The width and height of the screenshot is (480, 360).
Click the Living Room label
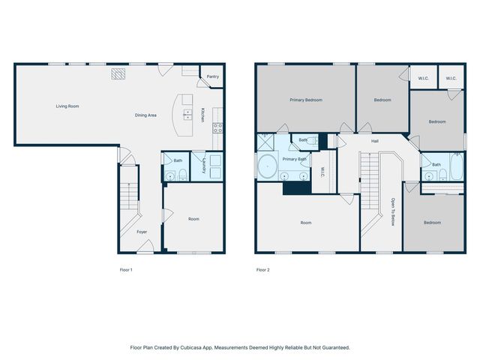click(x=67, y=106)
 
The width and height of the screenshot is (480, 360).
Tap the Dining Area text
click(x=145, y=115)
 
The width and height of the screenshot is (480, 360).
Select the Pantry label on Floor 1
click(x=212, y=76)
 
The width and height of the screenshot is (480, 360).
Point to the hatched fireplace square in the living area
click(x=118, y=73)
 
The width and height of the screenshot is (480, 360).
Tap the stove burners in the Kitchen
click(x=217, y=127)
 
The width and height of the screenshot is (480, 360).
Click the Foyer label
click(x=142, y=232)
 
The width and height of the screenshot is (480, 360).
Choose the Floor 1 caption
click(x=126, y=269)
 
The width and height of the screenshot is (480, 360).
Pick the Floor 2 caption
click(x=262, y=269)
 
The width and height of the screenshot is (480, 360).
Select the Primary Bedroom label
click(x=306, y=99)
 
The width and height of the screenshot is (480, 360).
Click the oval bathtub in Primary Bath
click(x=266, y=166)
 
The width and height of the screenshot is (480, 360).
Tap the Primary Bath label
click(x=293, y=159)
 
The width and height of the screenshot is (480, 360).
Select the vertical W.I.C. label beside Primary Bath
click(x=322, y=172)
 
